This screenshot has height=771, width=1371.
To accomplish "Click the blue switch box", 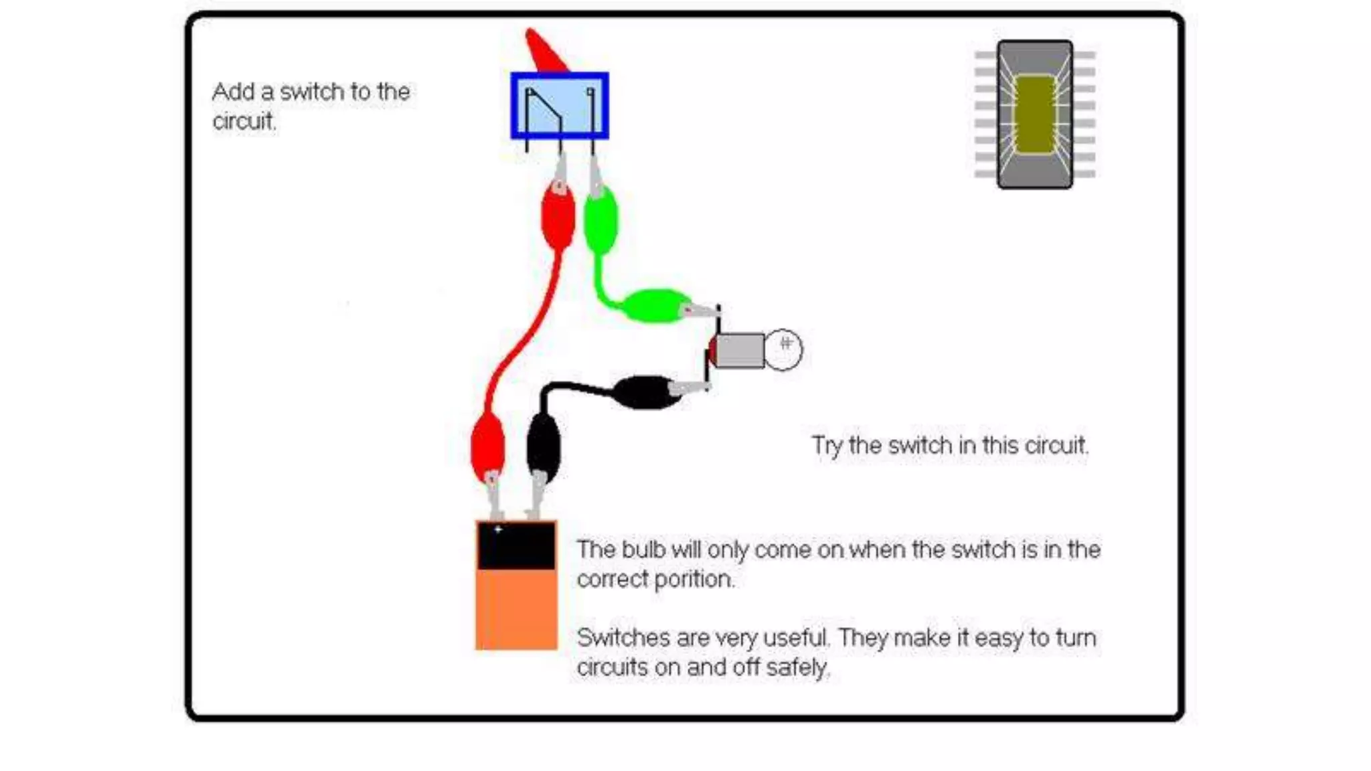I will pos(560,106).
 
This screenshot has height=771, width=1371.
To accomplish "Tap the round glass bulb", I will pos(783,350).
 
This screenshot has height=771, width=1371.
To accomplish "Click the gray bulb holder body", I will pos(739,350).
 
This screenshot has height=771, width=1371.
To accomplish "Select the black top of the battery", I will pos(516,545).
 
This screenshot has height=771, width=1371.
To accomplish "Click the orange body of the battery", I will pos(516,609).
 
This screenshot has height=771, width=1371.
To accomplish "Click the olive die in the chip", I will pos(1035,114).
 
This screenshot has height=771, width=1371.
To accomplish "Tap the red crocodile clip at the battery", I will pos(487,447).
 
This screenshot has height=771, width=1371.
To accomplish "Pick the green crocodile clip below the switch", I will pos(600,220).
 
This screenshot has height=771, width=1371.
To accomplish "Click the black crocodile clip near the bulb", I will pos(645,392).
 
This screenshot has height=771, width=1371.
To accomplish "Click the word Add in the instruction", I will pos(234,92).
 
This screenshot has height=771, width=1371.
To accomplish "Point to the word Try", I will pos(827,446).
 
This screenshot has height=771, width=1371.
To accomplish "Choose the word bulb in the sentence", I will pos(643,549).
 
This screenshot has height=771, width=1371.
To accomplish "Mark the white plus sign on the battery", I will pos(498,529).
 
